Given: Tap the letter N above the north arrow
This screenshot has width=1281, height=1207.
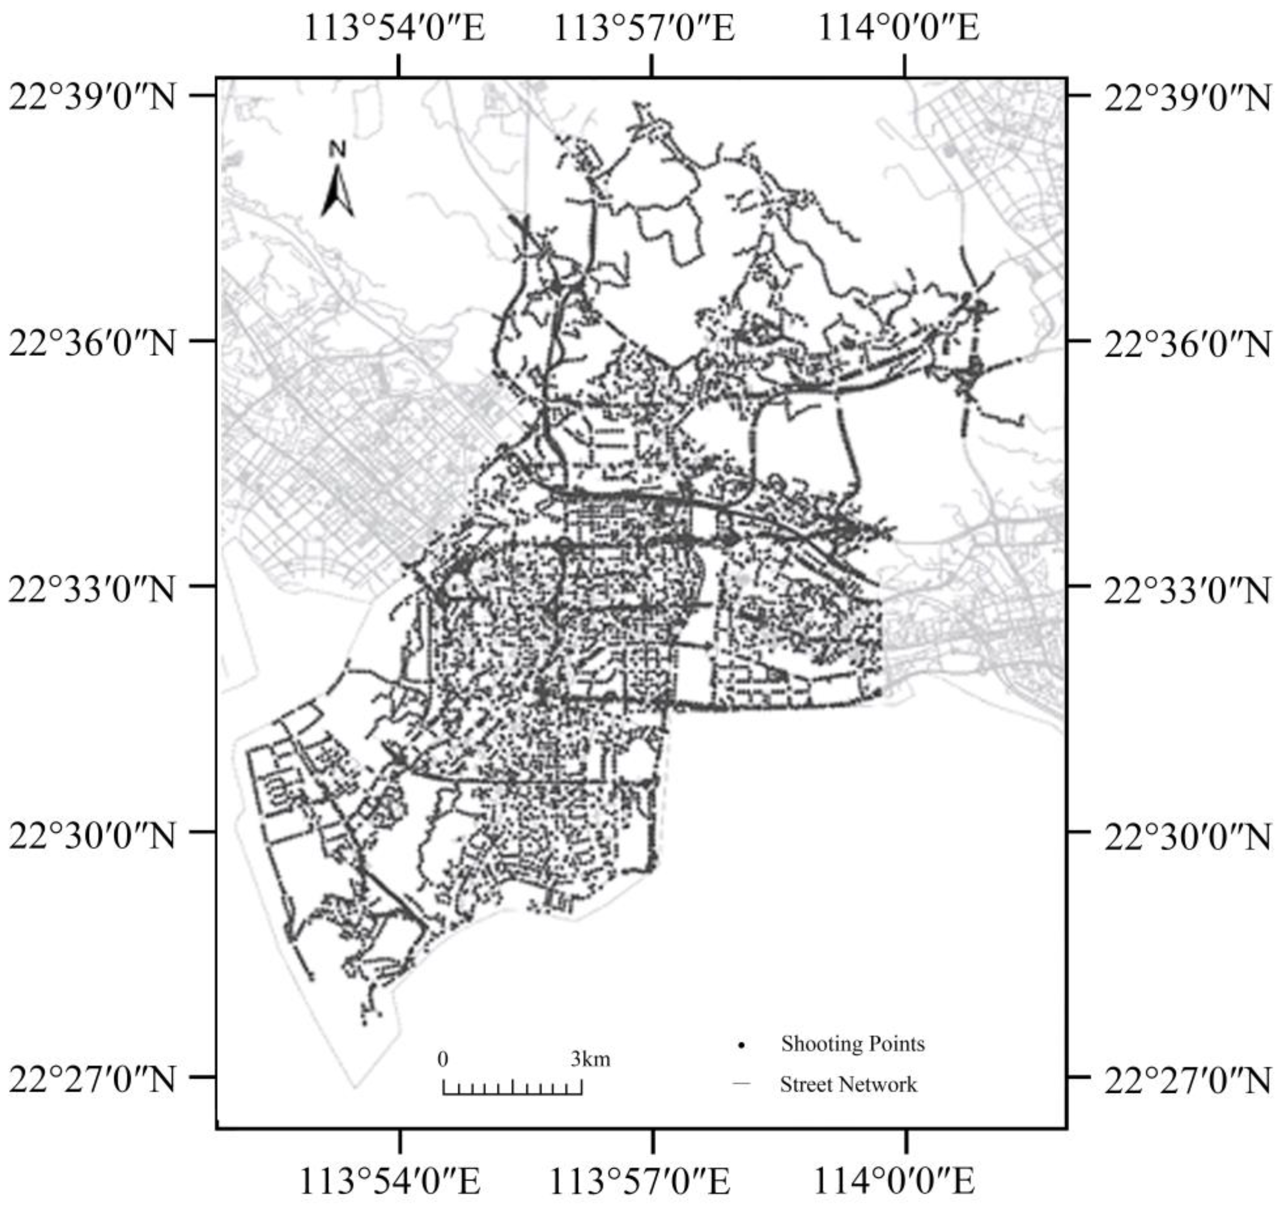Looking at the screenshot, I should tap(337, 149).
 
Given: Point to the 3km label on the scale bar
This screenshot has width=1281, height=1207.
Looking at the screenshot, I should tap(590, 1059).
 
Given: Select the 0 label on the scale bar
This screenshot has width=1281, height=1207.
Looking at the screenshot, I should tap(443, 1059).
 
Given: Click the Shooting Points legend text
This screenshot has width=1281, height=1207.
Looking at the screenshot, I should tap(852, 1044).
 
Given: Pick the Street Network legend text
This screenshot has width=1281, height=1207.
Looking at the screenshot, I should tap(848, 1085).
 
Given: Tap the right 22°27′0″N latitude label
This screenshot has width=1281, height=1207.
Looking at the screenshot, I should tap(1187, 1079).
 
